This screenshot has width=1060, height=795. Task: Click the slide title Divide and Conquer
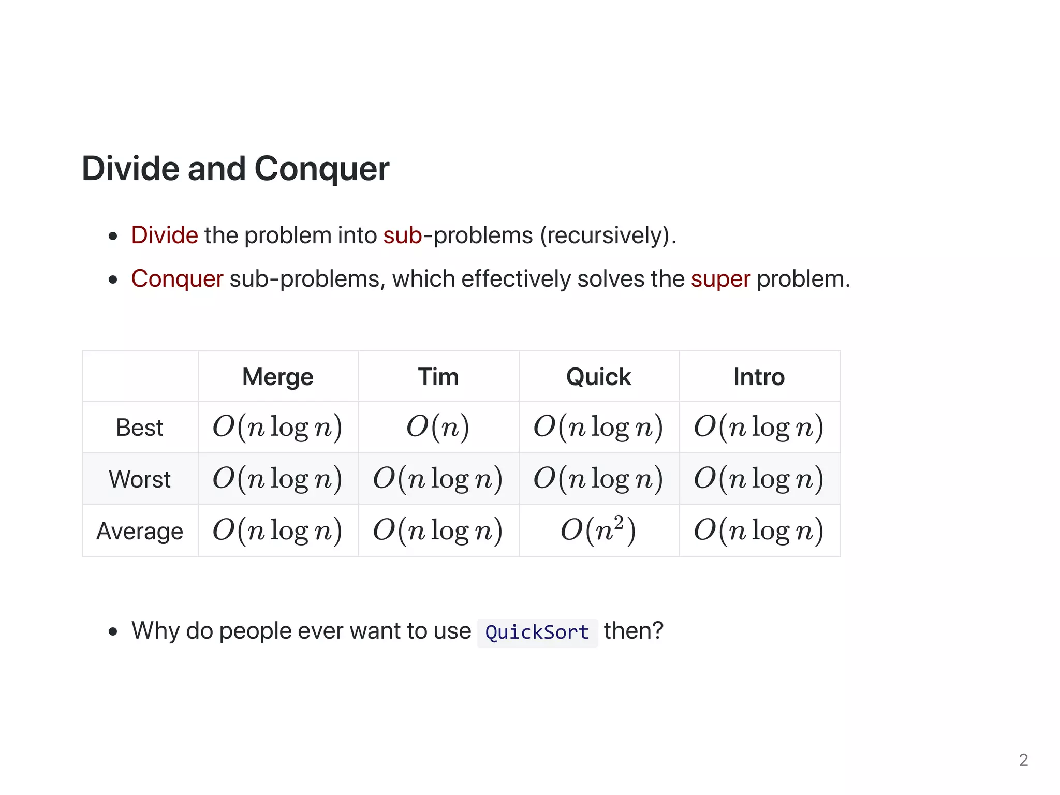(x=235, y=169)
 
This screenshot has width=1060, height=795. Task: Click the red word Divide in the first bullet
(x=165, y=235)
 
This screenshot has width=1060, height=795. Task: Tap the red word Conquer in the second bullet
(x=177, y=279)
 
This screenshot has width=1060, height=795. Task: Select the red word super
(x=720, y=279)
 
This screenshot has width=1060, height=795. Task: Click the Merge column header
(x=278, y=377)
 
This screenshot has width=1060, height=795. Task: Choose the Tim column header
(x=438, y=377)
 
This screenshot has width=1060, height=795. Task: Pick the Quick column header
(x=599, y=377)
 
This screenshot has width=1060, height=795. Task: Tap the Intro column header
(x=759, y=377)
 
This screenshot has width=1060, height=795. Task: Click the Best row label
(x=140, y=428)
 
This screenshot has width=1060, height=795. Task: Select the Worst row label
(x=140, y=479)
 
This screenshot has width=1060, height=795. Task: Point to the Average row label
(x=140, y=531)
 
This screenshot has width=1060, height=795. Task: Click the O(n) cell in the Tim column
(x=438, y=428)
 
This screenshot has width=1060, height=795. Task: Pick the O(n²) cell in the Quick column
(x=599, y=531)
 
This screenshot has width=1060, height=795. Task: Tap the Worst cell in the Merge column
(x=278, y=479)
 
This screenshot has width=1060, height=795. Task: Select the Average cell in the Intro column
(x=759, y=531)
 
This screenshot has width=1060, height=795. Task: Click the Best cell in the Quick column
(x=599, y=428)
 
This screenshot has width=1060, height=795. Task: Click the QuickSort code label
(x=537, y=632)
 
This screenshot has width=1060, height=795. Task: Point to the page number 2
(x=1023, y=760)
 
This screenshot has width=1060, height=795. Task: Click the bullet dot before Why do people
(x=113, y=632)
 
